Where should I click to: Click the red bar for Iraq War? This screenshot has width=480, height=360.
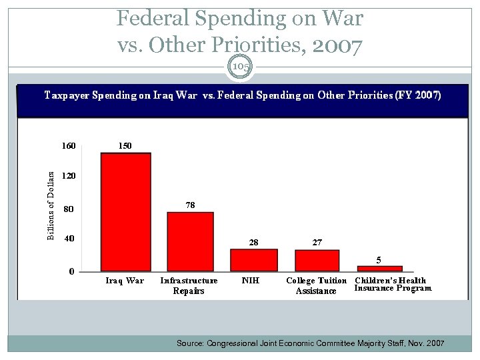tap(125, 211)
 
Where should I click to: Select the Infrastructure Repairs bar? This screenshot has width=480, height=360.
tap(190, 241)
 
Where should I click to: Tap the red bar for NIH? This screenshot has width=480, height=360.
tap(253, 259)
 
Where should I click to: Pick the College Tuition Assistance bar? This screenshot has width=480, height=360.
tap(317, 260)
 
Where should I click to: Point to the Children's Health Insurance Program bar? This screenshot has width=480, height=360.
tap(379, 268)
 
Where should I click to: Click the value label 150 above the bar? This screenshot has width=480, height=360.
tap(125, 145)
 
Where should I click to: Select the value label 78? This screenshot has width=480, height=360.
tap(190, 205)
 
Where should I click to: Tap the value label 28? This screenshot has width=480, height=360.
tap(253, 243)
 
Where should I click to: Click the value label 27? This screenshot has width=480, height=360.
tap(317, 243)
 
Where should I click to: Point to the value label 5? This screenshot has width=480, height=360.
tap(379, 259)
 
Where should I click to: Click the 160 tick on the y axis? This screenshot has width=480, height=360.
tap(68, 145)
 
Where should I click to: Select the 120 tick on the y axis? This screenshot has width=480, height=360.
tap(68, 177)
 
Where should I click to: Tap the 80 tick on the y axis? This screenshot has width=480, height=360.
tap(68, 209)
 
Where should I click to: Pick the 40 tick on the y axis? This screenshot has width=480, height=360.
tap(68, 238)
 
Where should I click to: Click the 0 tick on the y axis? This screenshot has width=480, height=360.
tap(71, 271)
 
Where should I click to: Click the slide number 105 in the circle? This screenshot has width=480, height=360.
tap(240, 67)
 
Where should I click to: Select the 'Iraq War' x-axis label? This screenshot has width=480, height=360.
tap(125, 281)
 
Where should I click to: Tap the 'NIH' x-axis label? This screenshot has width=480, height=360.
tap(250, 281)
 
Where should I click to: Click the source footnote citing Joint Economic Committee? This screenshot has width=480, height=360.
tap(309, 343)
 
